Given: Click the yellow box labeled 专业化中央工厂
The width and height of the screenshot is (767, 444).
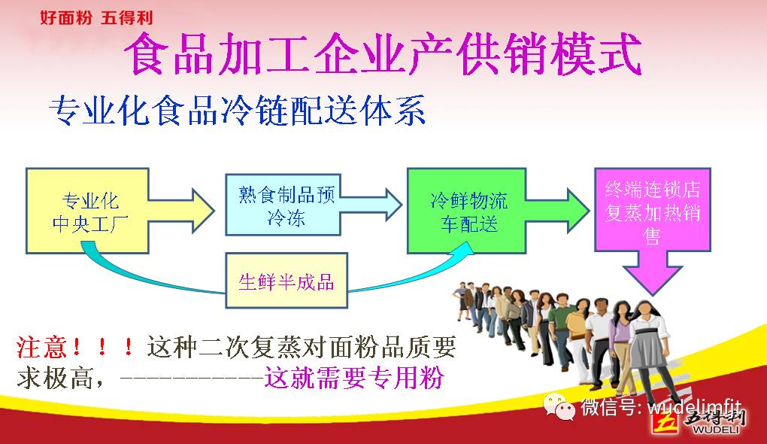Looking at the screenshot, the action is point(87,211).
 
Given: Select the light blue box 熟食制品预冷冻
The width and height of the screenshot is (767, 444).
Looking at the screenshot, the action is point(283,205).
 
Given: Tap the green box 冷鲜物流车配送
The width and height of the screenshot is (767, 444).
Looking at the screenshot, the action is point(467,211).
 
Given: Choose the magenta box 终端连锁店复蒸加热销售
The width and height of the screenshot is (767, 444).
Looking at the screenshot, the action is point(653,210).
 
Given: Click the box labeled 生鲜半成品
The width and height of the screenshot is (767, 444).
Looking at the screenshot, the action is point(286,281).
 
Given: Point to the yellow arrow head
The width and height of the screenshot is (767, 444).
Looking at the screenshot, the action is point(203,211).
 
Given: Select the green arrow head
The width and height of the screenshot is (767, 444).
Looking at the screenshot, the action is point(578,211).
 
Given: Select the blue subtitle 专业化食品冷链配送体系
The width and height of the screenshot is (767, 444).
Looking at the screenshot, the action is point(237,110).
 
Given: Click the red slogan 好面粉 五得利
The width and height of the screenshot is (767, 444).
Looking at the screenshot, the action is point(96,18).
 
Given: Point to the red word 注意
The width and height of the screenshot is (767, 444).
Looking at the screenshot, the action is point(41,347).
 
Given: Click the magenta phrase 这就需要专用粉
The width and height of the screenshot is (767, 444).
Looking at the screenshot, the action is point(354,378).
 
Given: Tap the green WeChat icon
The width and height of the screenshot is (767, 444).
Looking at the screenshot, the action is point(559,407).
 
